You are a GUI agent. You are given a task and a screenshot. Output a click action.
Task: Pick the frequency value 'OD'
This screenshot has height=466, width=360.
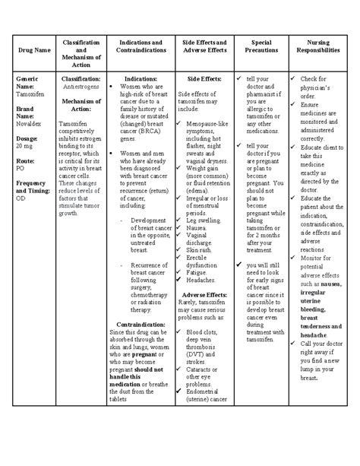pos(20,198)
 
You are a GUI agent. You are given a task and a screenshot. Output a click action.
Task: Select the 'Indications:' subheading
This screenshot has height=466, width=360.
pos(141,78)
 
